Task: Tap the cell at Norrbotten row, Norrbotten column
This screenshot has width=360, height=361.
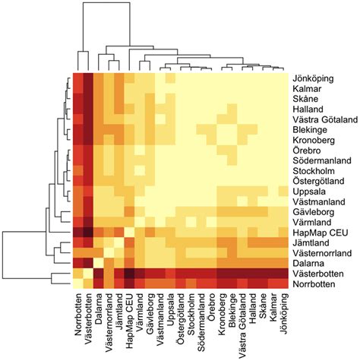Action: coord(77,283)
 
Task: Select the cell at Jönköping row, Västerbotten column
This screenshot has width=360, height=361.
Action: coord(88,78)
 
